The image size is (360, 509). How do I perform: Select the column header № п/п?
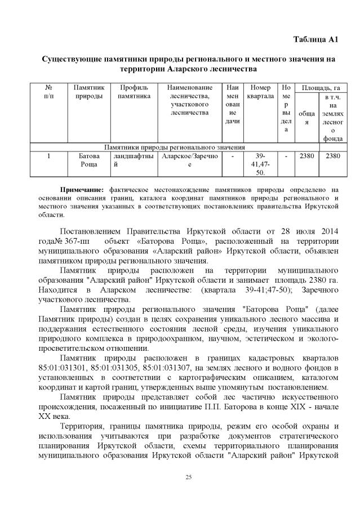48,92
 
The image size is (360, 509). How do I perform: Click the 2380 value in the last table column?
333,156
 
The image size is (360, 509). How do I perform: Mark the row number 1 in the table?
48,156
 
